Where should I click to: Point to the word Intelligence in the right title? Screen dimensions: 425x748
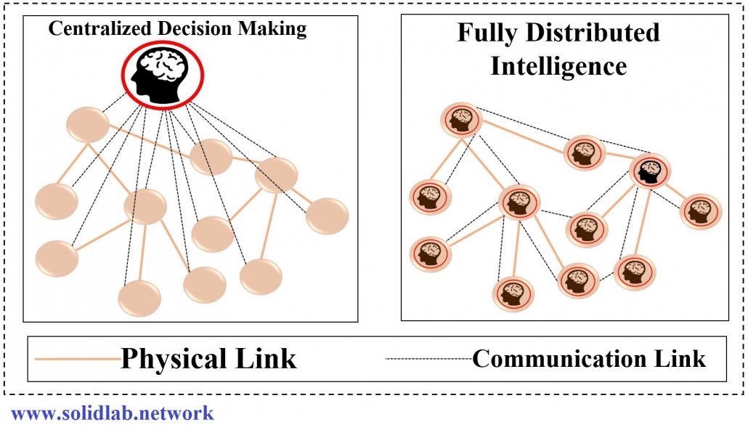click(558, 66)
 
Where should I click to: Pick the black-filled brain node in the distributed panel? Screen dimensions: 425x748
click(649, 171)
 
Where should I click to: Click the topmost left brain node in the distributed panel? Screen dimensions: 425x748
click(460, 121)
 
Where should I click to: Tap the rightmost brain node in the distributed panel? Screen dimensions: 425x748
click(700, 211)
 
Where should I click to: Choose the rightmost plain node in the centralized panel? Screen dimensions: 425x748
click(328, 216)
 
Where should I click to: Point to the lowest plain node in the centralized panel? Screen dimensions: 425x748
click(139, 299)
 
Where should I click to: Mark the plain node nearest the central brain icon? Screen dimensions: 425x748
click(88, 124)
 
